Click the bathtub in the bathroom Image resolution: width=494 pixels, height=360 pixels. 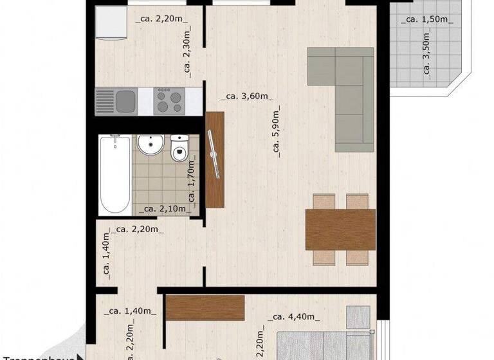[115, 174]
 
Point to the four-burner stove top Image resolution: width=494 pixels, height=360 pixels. [170, 100]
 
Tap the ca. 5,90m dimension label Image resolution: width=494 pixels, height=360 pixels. [277, 135]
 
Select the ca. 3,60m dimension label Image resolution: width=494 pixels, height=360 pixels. [246, 97]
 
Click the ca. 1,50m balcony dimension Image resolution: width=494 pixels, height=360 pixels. [427, 19]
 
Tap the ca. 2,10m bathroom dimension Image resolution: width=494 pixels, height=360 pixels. [165, 208]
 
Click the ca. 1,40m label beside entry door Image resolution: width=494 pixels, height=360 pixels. [131, 311]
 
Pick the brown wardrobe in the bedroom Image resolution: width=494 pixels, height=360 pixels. [205, 307]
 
